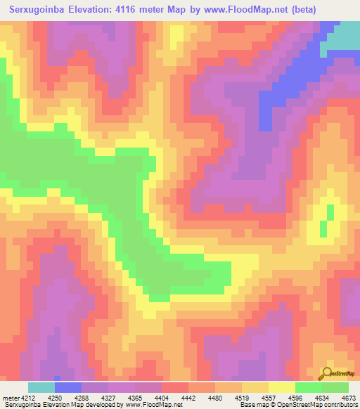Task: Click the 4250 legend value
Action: [x=53, y=397]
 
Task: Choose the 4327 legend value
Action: [x=108, y=397]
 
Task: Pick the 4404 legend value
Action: [x=161, y=397]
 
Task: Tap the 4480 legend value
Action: [x=214, y=397]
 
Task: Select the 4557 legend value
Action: [x=268, y=397]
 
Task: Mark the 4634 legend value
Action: [x=321, y=397]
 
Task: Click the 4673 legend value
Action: [x=347, y=397]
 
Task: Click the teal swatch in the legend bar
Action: [x=41, y=387]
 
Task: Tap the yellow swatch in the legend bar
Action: [x=281, y=387]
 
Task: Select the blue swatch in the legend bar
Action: [x=68, y=387]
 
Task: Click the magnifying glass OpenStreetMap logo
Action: [x=327, y=372]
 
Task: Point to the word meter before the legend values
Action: [x=8, y=397]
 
